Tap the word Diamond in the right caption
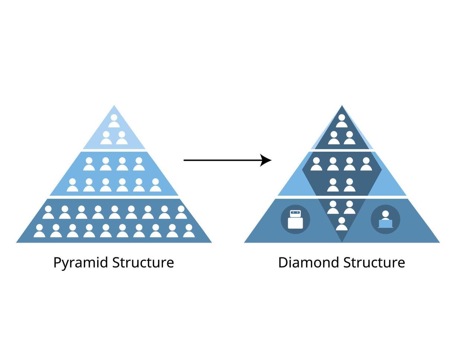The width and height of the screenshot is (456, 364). click(x=309, y=262)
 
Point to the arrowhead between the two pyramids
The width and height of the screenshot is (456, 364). click(x=266, y=160)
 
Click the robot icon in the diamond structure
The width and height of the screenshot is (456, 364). click(x=295, y=220)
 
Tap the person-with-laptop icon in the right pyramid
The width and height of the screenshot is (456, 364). click(x=385, y=220)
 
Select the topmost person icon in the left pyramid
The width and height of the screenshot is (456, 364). click(x=114, y=121)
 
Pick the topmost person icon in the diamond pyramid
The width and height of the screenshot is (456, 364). click(x=342, y=121)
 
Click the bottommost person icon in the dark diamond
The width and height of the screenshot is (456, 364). click(x=341, y=224)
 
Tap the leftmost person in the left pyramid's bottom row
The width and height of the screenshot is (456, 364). click(x=39, y=231)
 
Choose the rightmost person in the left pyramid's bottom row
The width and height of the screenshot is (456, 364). click(x=189, y=231)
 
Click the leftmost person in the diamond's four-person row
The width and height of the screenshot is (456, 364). click(x=316, y=164)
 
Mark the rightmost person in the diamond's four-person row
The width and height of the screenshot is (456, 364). click(x=366, y=164)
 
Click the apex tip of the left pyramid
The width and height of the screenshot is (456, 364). click(x=114, y=106)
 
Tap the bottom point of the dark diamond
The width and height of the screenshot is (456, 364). click(x=342, y=242)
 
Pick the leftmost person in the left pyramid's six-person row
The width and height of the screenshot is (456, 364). click(x=72, y=185)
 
